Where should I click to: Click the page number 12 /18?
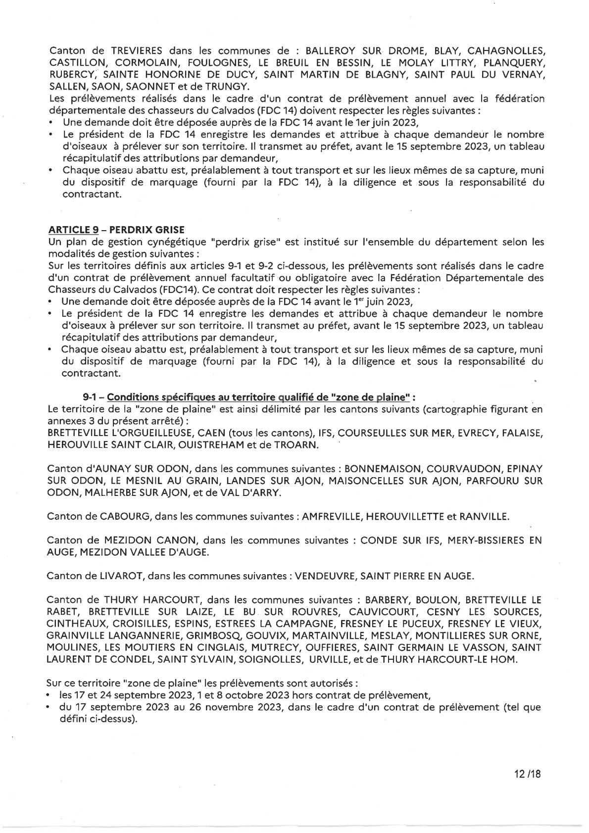(527, 773)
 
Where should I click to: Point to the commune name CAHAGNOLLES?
(506, 50)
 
